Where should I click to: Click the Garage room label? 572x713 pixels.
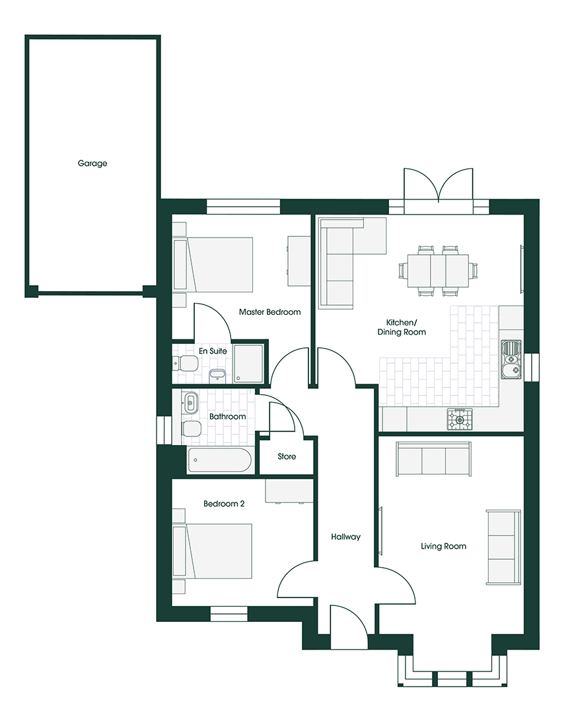pos(92,163)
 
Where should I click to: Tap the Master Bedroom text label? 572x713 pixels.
pos(270,312)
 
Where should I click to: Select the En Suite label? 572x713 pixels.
pos(213,351)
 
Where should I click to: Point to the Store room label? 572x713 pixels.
pos(287,457)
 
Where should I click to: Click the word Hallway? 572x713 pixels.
pos(346,537)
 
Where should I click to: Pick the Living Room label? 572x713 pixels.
pos(444,546)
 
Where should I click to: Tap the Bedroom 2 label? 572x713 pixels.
pos(224,504)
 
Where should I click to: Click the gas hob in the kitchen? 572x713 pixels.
pos(460,419)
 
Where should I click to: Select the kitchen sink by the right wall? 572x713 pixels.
pos(511,359)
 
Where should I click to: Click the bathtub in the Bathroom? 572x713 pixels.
pos(219,459)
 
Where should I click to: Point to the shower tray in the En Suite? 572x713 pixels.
pos(248,363)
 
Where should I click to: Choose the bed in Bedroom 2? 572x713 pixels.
pos(213,551)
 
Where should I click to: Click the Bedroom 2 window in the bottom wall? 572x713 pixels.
pos(229,613)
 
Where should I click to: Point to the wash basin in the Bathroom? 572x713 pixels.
pos(190,401)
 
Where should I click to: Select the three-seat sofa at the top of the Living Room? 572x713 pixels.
pos(434,459)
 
